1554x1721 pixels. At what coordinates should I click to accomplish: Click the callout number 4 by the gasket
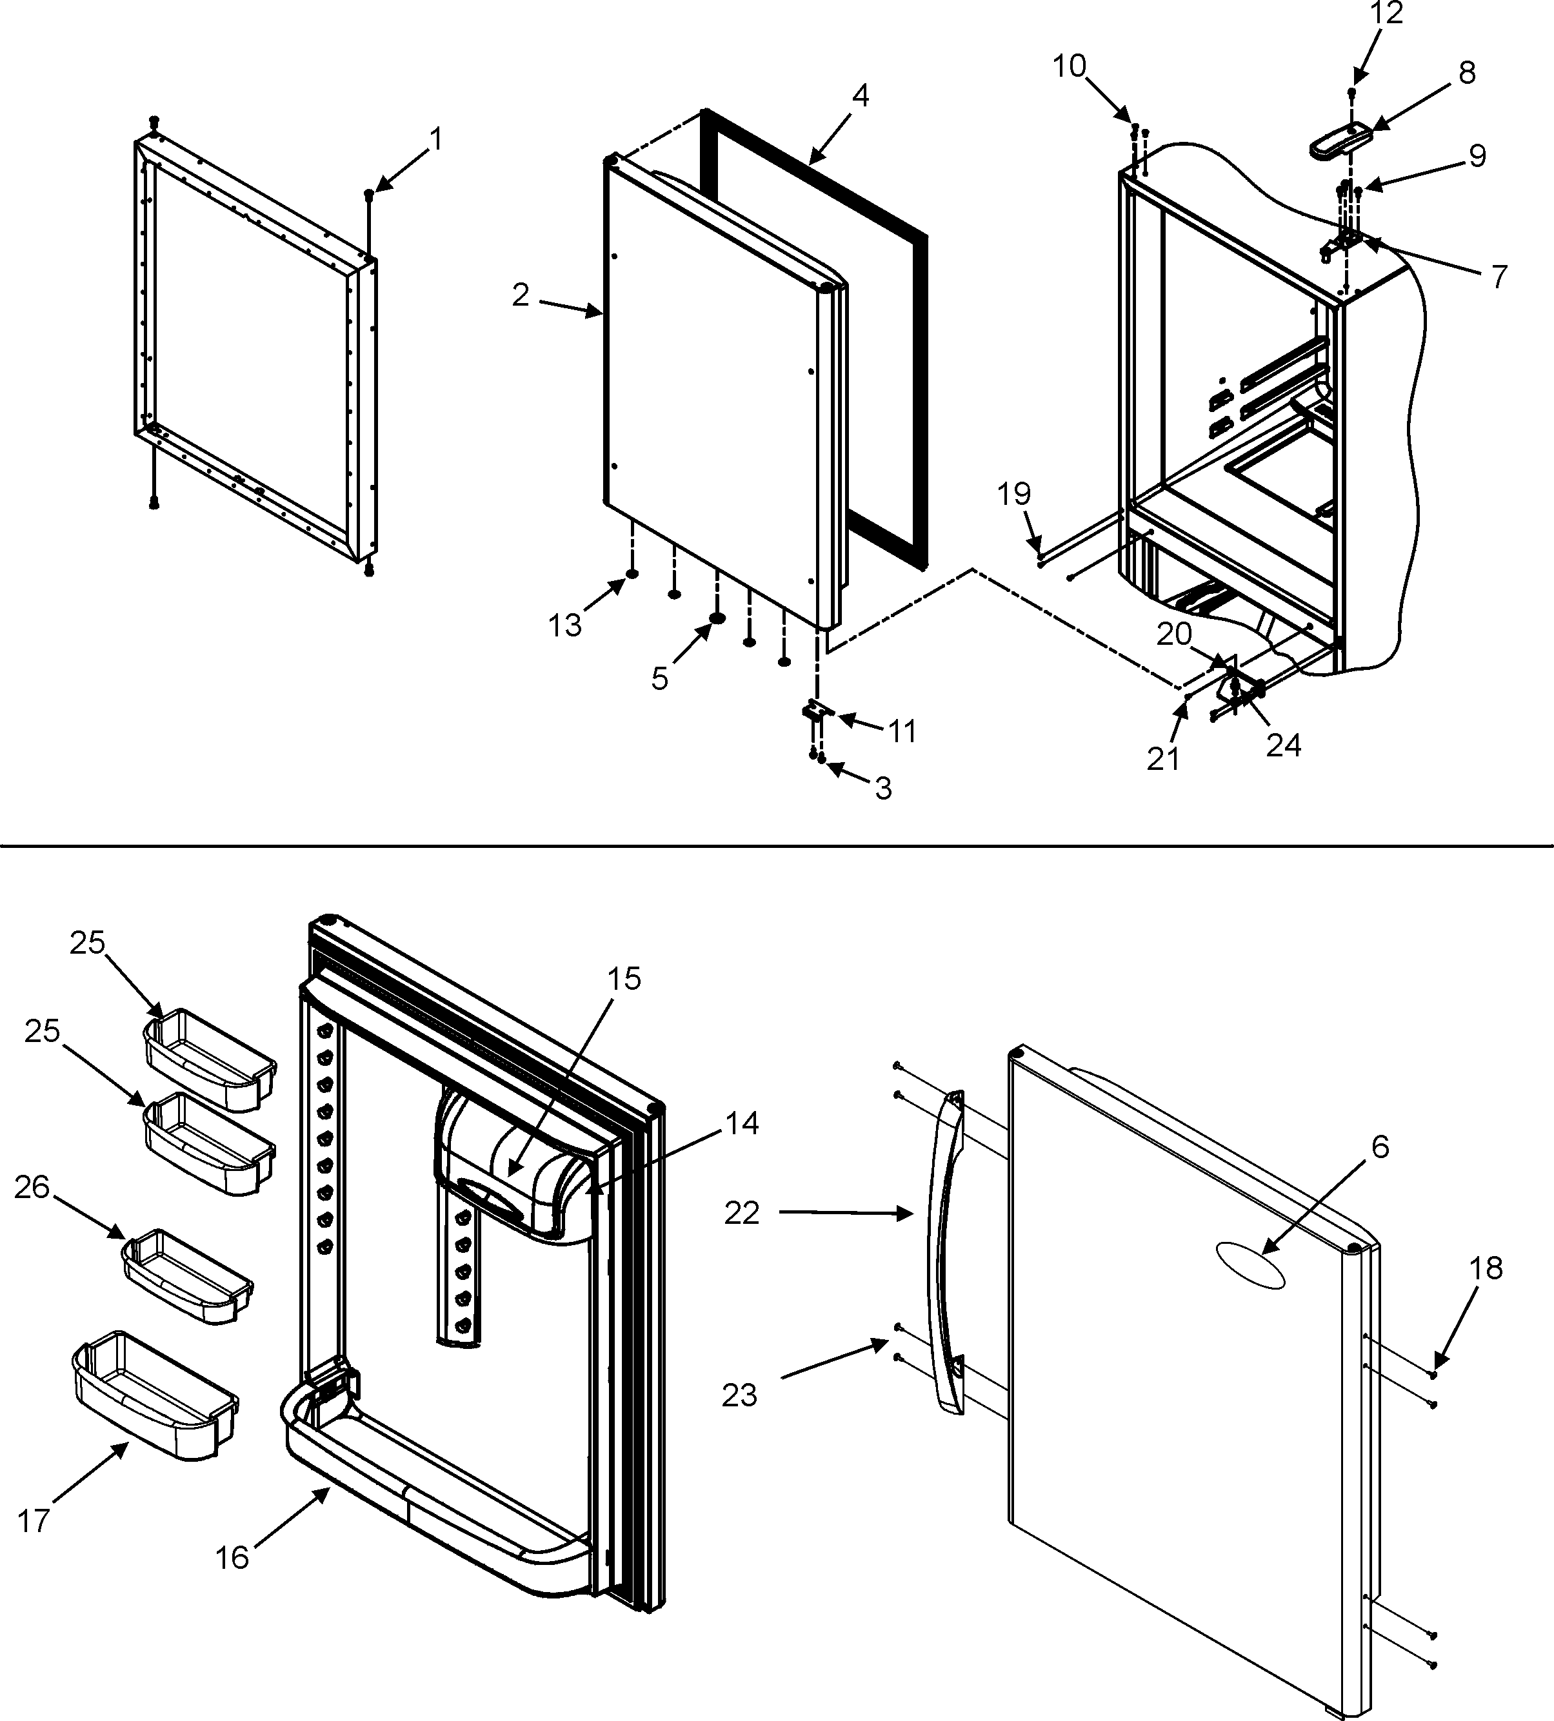860,95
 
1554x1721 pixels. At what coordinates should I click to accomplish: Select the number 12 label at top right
1386,14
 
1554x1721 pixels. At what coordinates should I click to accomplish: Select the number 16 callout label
232,1557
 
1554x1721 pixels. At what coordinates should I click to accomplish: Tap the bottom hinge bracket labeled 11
819,710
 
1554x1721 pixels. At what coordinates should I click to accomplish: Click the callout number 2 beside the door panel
521,295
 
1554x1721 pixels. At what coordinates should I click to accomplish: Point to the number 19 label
1014,493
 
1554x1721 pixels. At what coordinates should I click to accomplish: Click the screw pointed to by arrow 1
369,195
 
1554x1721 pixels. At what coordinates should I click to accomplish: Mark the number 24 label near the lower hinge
1282,745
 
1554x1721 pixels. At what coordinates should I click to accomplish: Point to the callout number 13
564,625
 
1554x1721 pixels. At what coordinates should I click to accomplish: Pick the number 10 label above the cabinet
1068,66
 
